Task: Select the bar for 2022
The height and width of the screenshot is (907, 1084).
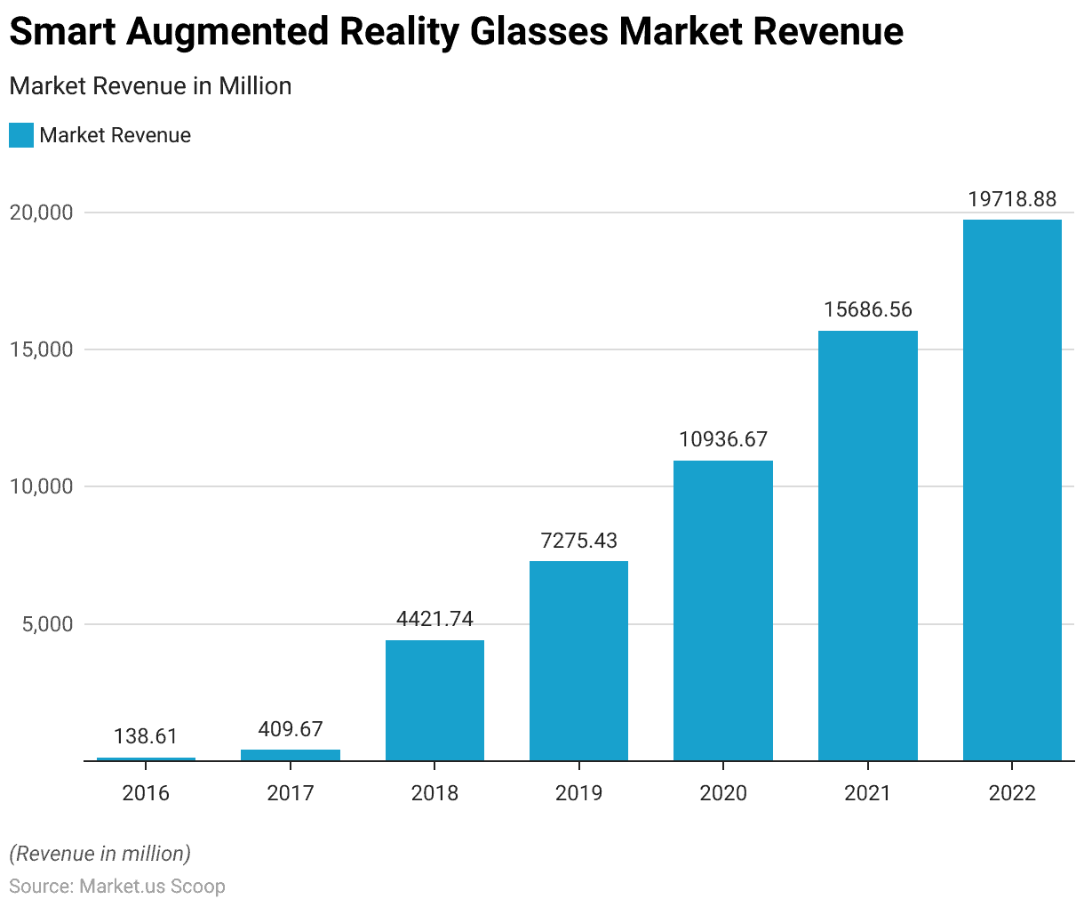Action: click(x=1012, y=490)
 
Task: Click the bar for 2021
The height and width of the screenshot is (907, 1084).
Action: click(x=867, y=545)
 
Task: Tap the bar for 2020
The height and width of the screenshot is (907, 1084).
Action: click(x=723, y=610)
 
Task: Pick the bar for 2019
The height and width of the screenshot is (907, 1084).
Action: click(x=578, y=661)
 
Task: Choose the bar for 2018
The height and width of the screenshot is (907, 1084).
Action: click(x=434, y=700)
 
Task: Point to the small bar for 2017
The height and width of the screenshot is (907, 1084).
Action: click(x=291, y=755)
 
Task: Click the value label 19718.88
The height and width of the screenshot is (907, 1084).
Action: click(x=1012, y=199)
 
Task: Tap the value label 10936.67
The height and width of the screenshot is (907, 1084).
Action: click(x=723, y=439)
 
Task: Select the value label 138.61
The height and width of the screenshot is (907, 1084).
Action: click(x=146, y=736)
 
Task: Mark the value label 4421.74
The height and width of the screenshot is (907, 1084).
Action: click(x=434, y=619)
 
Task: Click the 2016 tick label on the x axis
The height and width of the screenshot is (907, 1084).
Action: click(x=146, y=792)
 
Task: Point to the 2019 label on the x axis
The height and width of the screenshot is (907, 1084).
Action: click(x=578, y=792)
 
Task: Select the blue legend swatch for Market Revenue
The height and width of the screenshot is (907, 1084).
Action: click(x=21, y=135)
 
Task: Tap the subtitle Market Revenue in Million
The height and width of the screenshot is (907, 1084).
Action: click(x=150, y=86)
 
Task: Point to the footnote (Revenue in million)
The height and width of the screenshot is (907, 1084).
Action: click(x=100, y=854)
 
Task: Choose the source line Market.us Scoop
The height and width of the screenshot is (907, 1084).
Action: click(x=117, y=887)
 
